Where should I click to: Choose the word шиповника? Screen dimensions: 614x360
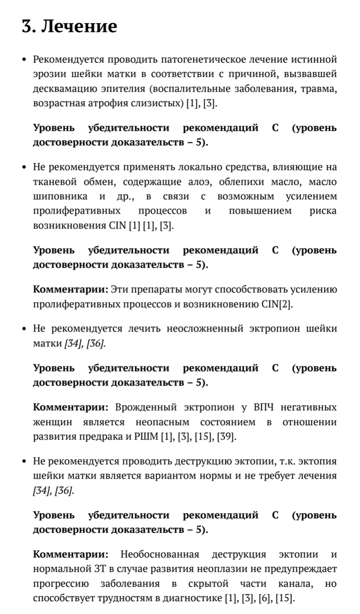point(58,196)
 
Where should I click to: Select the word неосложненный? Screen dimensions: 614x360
point(204,329)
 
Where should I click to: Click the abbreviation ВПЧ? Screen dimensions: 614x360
point(263,408)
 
